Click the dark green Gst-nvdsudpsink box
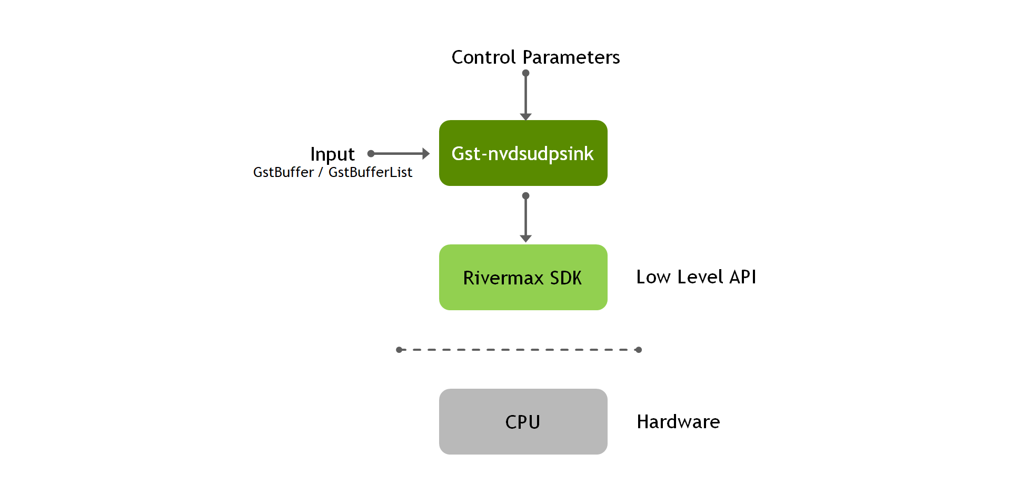point(523,153)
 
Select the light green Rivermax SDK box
point(523,277)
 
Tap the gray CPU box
point(523,421)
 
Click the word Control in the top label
point(483,57)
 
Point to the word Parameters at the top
point(571,57)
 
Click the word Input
point(332,154)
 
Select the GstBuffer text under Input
point(283,172)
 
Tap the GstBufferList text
point(370,172)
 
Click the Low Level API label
point(696,277)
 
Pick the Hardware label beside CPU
point(678,422)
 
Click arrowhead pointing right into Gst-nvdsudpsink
point(426,154)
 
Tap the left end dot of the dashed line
point(399,350)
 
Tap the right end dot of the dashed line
point(638,350)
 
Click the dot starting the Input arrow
point(371,154)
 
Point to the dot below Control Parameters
point(525,73)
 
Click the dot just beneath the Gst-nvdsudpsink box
point(525,196)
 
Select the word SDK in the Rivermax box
point(565,278)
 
